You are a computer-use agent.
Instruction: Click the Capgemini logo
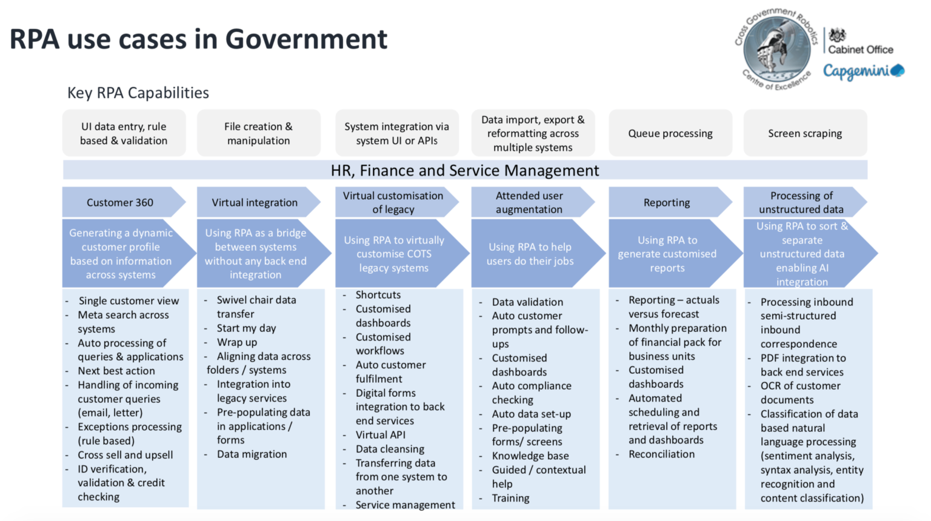click(864, 71)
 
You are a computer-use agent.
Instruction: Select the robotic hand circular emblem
click(776, 48)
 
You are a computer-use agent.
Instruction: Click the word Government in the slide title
click(306, 39)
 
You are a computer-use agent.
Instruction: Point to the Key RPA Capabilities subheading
click(138, 93)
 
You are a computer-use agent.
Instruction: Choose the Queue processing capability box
click(670, 133)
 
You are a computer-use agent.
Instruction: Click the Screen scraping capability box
click(805, 133)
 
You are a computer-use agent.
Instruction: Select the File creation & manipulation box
click(259, 133)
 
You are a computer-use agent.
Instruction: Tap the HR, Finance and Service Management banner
click(465, 170)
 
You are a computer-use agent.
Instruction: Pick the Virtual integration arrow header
click(258, 202)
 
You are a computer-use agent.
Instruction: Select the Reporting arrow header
click(670, 202)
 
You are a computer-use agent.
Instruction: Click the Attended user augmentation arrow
click(532, 202)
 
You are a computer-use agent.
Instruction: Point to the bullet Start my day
click(247, 328)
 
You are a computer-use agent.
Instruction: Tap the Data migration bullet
click(252, 454)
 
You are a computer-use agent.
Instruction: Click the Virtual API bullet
click(380, 435)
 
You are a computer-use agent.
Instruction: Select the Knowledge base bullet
click(530, 456)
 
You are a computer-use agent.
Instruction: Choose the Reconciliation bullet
click(661, 454)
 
